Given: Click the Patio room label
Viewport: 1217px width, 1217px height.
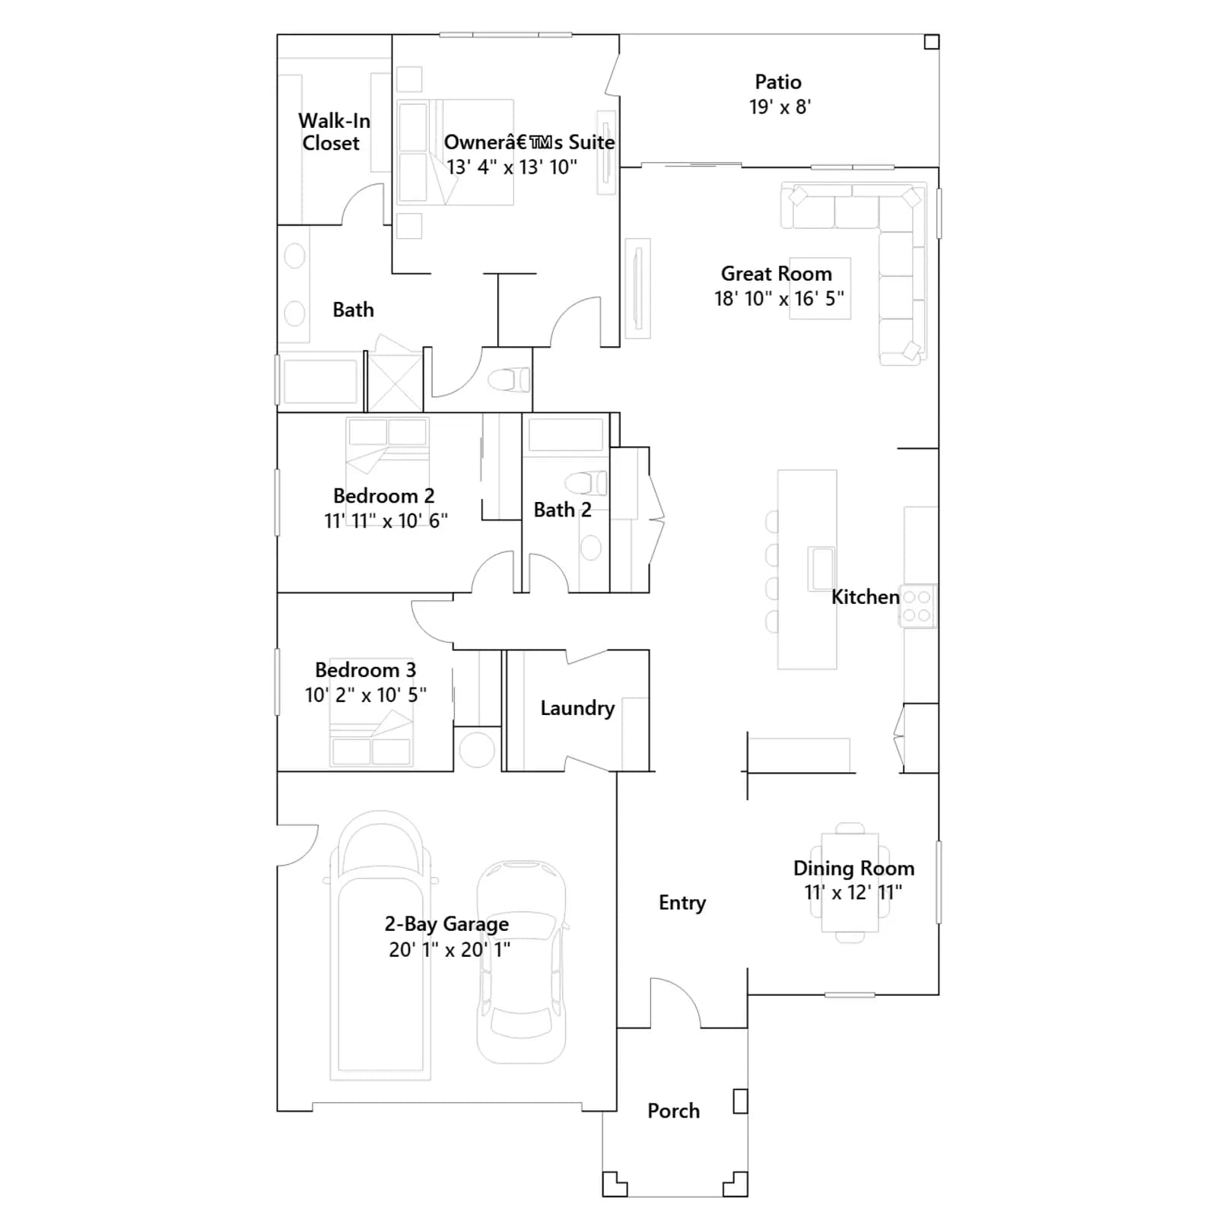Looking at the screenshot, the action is point(778,81).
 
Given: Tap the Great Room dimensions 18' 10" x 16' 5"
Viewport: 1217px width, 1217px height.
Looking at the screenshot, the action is point(779,299).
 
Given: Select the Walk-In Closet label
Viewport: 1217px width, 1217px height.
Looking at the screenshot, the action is point(333,132).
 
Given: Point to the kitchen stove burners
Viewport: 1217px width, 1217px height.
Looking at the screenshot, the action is point(918,606).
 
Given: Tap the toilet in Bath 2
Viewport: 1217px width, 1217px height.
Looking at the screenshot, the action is point(586,483).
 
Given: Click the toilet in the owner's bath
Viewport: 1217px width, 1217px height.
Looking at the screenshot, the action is point(509,379).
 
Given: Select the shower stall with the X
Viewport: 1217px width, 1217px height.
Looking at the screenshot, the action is point(395,382).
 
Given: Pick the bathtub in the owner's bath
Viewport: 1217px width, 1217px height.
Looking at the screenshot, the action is point(320,380).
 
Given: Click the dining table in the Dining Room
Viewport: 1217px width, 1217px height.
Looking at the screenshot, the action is point(850,882).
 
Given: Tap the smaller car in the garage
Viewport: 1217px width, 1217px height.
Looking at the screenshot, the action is point(522,962).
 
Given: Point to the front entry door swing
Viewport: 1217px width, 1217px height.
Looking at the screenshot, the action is point(675,1003).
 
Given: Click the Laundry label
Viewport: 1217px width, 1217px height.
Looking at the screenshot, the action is point(577,708).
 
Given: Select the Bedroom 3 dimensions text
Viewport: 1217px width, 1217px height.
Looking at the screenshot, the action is point(366,694).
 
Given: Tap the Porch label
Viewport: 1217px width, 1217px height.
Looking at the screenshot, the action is point(673,1111).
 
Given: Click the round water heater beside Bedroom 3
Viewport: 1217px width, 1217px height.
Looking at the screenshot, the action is point(477,749).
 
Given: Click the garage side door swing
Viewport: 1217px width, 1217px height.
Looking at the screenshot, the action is point(297,845).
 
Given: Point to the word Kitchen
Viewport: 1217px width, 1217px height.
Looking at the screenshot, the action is point(866,597).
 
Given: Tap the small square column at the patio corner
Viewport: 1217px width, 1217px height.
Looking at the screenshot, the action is point(932,42).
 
